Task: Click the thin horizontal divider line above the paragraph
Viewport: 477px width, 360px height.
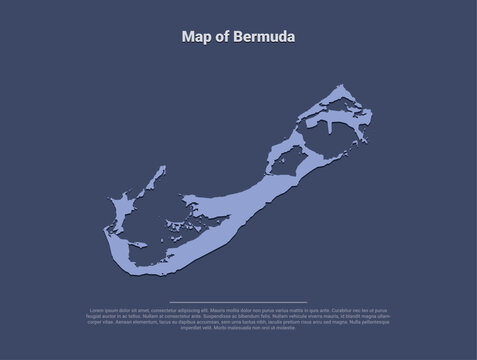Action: [238, 301]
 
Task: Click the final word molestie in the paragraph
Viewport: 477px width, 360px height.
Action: [283, 326]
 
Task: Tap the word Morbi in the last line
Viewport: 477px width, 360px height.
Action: [221, 326]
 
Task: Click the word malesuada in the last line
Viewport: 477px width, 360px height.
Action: [246, 326]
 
